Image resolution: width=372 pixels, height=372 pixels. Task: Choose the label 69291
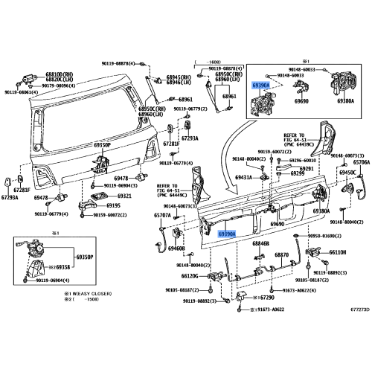(306, 168)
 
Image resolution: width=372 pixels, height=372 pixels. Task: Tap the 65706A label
(362, 161)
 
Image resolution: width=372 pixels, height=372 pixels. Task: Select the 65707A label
(162, 215)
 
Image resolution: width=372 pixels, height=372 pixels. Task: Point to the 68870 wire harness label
(281, 254)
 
